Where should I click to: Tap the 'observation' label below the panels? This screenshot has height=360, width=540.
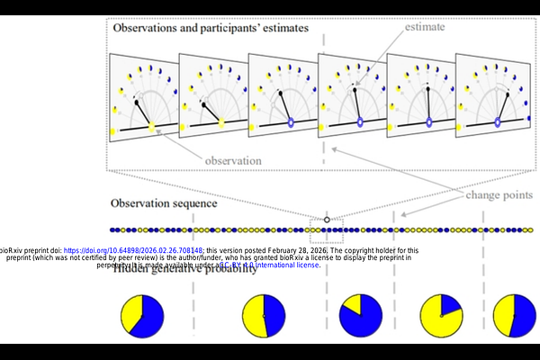click(233, 160)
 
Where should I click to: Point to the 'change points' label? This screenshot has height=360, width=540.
click(498, 195)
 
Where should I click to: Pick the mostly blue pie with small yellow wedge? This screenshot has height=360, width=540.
click(360, 315)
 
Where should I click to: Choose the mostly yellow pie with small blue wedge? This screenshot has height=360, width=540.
click(442, 315)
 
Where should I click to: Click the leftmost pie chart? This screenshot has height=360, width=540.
click(142, 315)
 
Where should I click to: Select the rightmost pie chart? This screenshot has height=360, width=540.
click(514, 315)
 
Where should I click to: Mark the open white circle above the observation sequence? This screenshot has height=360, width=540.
click(327, 220)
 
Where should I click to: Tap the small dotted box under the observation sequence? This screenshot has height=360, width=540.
click(327, 236)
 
